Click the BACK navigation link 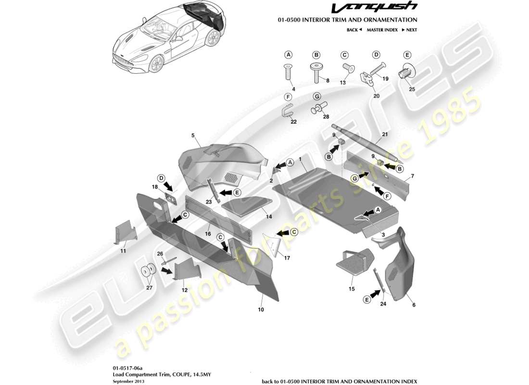(353, 30)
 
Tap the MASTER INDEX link (382, 30)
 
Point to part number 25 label (411, 89)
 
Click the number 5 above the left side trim (192, 136)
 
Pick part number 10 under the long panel (261, 309)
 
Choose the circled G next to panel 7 (354, 179)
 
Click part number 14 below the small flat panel (269, 217)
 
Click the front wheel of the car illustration (155, 64)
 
